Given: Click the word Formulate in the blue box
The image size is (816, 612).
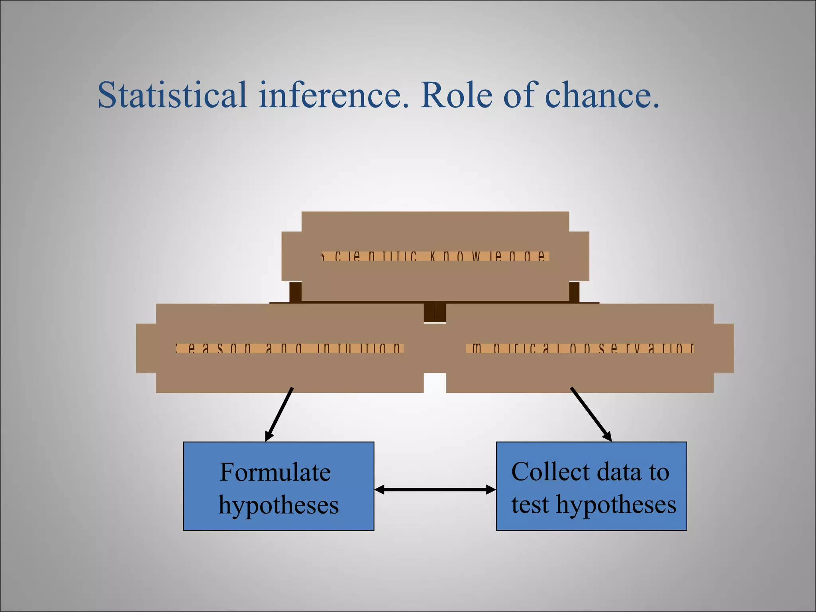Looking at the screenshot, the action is (275, 473).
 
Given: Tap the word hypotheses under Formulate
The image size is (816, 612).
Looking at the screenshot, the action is (279, 505).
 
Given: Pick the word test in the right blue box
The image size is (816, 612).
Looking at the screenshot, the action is (530, 504).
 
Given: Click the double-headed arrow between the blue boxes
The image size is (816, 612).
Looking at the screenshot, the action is (435, 490).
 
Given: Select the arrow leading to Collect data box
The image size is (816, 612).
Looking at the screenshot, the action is (591, 414).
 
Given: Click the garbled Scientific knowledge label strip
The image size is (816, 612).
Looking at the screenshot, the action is (435, 256).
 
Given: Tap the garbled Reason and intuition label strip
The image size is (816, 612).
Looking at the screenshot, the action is (290, 349).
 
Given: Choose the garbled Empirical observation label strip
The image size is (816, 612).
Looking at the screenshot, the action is (580, 349).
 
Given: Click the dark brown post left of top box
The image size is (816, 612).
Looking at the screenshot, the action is (295, 292).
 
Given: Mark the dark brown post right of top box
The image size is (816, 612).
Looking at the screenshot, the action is (574, 292).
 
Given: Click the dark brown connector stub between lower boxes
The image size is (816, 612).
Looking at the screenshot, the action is (435, 312).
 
